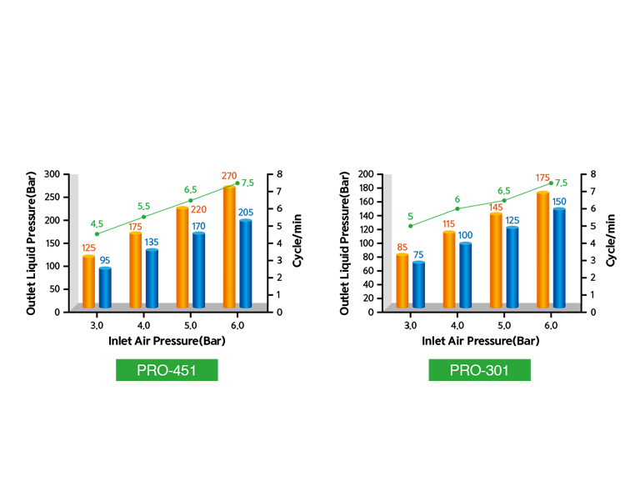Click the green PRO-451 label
167,370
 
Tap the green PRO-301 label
479,370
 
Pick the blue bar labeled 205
245,263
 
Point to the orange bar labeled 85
402,281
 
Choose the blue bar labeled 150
559,258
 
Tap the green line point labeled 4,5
97,234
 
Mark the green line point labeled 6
457,208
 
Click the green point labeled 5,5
144,217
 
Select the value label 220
198,210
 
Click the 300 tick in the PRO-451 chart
51,174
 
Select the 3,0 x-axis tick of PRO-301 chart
410,325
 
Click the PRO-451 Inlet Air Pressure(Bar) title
167,341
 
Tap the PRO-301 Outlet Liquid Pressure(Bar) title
345,242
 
